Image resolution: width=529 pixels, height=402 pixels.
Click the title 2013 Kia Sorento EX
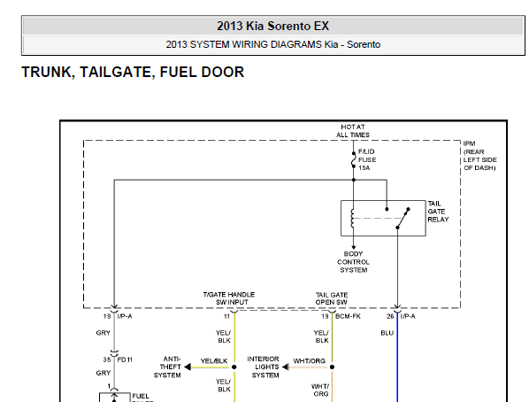pyautogui.click(x=272, y=26)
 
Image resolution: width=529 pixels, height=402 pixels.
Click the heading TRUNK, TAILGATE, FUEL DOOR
pyautogui.click(x=133, y=72)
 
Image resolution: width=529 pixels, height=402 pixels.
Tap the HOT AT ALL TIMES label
pyautogui.click(x=353, y=131)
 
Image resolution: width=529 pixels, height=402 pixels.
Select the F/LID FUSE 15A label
pyautogui.click(x=367, y=159)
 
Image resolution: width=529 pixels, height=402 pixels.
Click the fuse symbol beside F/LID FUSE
pyautogui.click(x=354, y=159)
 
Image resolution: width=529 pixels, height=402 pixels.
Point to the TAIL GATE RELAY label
pyautogui.click(x=438, y=212)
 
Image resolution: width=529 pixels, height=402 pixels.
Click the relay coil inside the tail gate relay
pyautogui.click(x=353, y=218)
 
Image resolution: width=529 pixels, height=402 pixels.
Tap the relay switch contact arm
pyautogui.click(x=402, y=218)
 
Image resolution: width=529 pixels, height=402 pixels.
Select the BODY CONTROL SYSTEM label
pyautogui.click(x=353, y=262)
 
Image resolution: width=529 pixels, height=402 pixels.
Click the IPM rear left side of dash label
pyautogui.click(x=479, y=156)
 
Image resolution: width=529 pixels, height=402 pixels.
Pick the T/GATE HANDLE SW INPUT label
pyautogui.click(x=229, y=298)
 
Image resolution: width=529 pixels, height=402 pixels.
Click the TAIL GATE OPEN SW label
pyautogui.click(x=332, y=298)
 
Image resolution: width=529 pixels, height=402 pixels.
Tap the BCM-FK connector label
pyautogui.click(x=349, y=316)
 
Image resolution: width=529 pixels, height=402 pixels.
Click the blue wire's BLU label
pyautogui.click(x=387, y=333)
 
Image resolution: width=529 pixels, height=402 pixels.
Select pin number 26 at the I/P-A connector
pyautogui.click(x=390, y=316)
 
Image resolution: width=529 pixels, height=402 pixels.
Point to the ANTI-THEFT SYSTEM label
pyautogui.click(x=167, y=367)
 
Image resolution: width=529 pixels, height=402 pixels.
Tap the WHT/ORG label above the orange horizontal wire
pyautogui.click(x=310, y=360)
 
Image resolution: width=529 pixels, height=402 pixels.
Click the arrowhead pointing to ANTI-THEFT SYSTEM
pyautogui.click(x=188, y=367)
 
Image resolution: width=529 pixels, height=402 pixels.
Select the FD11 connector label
pyautogui.click(x=125, y=359)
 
